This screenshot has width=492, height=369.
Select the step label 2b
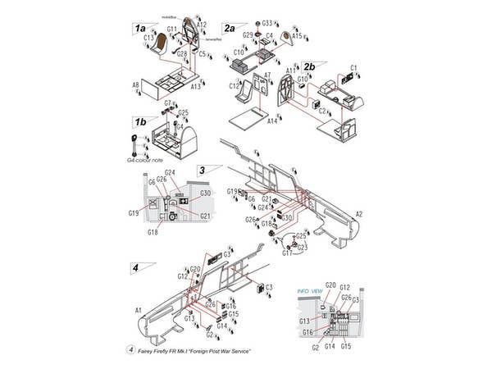[309, 66]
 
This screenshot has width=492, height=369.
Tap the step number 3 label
[202, 170]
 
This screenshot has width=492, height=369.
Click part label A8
[134, 84]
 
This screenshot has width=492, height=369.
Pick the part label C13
[149, 38]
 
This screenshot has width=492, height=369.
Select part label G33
[267, 24]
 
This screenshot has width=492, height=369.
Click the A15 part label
[297, 35]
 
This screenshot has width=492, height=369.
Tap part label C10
[239, 52]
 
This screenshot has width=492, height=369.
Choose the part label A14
[272, 121]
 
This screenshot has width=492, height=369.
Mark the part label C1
[354, 67]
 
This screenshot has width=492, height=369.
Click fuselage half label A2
[358, 213]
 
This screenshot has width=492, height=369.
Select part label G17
[287, 253]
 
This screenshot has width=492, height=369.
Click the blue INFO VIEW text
[309, 289]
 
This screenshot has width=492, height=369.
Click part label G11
[171, 30]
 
